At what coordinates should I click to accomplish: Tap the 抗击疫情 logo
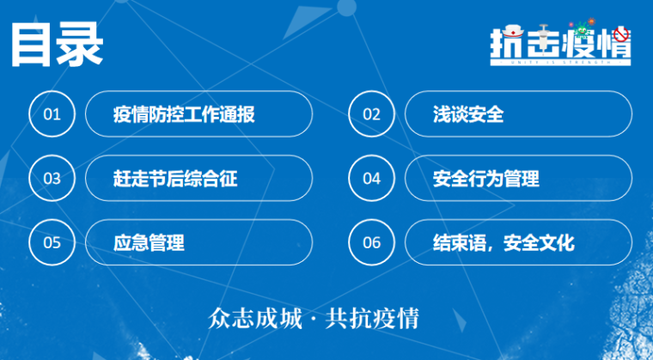click(560, 41)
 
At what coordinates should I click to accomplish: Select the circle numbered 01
click(52, 114)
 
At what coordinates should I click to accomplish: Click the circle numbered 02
click(371, 114)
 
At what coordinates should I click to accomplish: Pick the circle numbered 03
click(52, 179)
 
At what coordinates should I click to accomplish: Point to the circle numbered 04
click(371, 179)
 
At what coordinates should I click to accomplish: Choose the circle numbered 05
click(52, 242)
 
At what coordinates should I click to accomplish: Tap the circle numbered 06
click(371, 242)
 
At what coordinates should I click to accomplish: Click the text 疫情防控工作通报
click(184, 114)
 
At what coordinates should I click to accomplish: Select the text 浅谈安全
click(468, 114)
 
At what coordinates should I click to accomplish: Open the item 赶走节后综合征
click(174, 179)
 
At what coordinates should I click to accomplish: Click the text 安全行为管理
click(486, 179)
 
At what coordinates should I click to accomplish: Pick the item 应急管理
click(149, 242)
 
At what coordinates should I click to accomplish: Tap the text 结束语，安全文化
click(503, 242)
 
